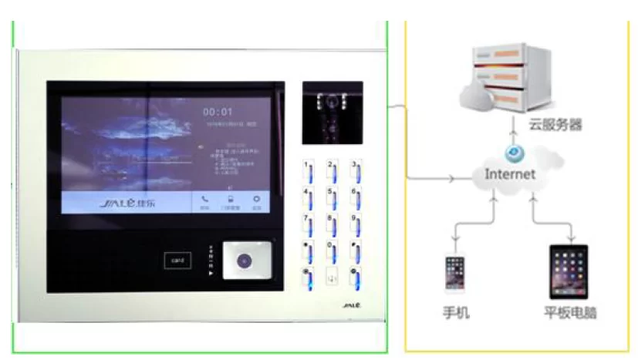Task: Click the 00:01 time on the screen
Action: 218,112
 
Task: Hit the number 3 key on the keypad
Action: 355,170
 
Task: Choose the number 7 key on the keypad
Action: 308,224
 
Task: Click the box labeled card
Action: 177,261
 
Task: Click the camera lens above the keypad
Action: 332,100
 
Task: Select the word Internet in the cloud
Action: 509,174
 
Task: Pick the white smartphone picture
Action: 454,274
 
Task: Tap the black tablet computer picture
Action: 569,271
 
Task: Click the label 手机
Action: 455,313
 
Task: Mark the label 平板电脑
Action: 569,313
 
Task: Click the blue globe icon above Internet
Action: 511,153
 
